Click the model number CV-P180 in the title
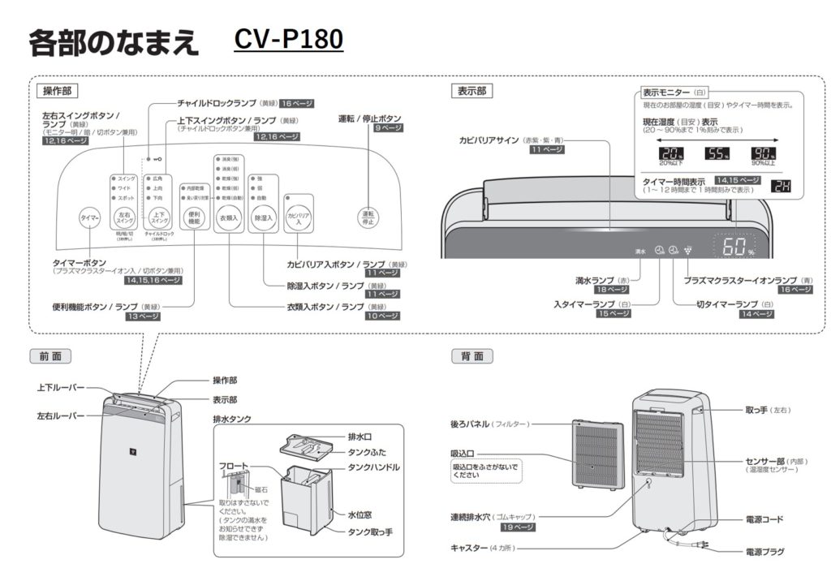288,40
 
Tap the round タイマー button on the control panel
89,218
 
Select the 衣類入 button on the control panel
229,217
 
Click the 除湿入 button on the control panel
264,217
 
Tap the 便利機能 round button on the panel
194,217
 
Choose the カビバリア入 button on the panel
298,217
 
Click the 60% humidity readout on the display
734,247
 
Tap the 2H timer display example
780,188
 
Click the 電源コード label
764,519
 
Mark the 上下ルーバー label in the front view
60,389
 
